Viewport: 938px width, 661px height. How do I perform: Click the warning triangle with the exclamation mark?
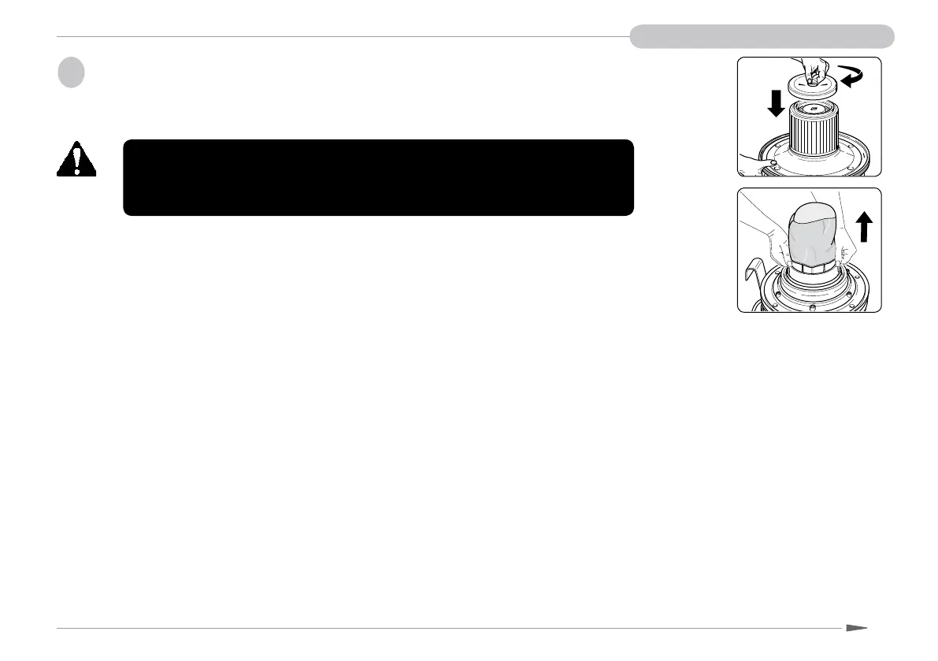(76, 158)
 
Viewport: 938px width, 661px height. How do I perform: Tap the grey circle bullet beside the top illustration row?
(70, 72)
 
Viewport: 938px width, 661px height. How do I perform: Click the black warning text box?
(378, 177)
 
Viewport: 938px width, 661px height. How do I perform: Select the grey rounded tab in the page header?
(762, 36)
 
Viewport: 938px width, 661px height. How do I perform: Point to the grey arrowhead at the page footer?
(856, 629)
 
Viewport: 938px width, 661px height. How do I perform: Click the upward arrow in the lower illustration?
(863, 227)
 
